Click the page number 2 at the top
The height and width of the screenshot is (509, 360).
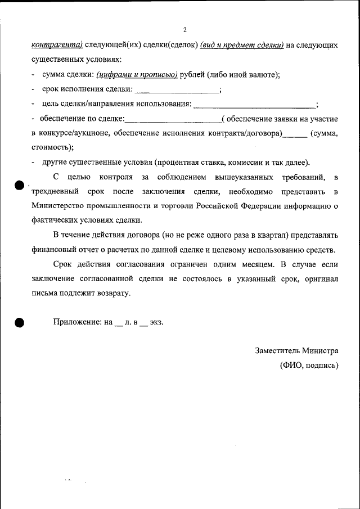pos(184,30)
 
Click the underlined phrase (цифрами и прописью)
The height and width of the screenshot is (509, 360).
pos(137,74)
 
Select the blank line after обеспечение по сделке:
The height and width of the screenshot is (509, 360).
pos(173,119)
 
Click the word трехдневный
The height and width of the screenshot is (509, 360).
pos(55,192)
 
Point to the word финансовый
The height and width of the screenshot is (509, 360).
pos(54,250)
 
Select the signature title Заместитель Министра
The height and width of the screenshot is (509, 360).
pos(296,350)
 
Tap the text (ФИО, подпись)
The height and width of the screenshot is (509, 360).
pos(309,365)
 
